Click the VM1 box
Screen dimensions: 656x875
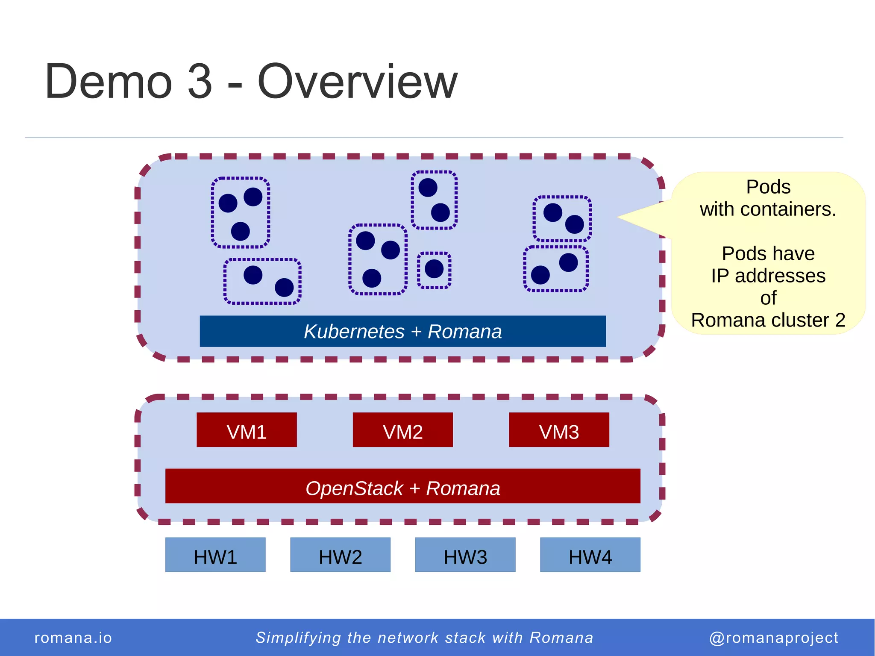point(247,430)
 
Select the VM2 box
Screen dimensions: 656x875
point(402,430)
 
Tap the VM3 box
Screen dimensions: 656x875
point(559,430)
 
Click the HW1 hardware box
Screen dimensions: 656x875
point(215,555)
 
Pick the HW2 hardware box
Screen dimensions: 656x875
point(340,555)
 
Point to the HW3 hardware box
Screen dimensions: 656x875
point(465,555)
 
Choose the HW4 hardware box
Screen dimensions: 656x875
point(590,555)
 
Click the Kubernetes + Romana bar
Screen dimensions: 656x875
point(402,331)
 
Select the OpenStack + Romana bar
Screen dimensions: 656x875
point(402,486)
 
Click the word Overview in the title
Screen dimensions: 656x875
point(357,81)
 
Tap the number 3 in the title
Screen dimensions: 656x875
point(200,81)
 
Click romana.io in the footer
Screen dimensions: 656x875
point(73,638)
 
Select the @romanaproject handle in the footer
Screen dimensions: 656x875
point(773,638)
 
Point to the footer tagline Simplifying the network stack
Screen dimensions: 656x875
point(424,638)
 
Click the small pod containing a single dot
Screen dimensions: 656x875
point(434,270)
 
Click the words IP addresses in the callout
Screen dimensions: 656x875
point(768,276)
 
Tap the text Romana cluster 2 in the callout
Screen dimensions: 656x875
point(768,320)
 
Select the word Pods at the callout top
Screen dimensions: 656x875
point(768,187)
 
